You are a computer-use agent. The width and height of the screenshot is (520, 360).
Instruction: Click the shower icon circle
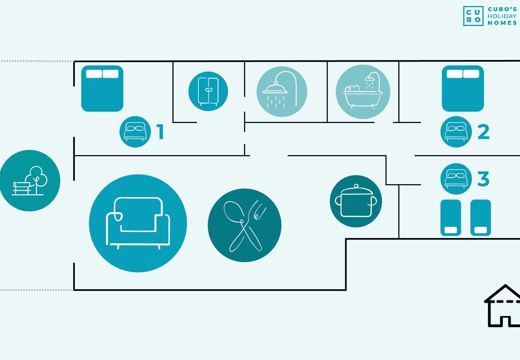(282, 92)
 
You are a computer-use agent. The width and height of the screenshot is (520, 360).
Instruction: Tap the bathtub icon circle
(363, 92)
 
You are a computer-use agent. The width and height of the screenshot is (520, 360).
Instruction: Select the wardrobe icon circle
(208, 91)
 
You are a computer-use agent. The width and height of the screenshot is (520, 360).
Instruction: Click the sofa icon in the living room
(138, 223)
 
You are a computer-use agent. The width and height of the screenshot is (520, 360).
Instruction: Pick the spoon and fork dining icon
(244, 225)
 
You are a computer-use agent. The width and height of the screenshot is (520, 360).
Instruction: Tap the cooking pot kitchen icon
(356, 201)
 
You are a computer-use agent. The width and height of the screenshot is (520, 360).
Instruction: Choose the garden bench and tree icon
(30, 180)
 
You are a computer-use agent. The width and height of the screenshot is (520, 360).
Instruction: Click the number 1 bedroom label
(160, 132)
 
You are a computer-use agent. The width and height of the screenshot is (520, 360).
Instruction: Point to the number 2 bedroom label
(484, 132)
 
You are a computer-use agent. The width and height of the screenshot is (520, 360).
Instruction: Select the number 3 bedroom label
(484, 179)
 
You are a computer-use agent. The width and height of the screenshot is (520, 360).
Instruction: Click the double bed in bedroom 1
(102, 88)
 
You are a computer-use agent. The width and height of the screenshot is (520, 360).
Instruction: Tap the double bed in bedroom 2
(463, 88)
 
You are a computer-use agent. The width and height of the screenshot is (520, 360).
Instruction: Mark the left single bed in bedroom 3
(451, 218)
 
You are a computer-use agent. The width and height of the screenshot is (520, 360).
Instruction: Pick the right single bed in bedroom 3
(480, 218)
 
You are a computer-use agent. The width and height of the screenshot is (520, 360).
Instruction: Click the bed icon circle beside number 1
(135, 132)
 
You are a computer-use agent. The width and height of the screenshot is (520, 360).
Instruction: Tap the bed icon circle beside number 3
(456, 179)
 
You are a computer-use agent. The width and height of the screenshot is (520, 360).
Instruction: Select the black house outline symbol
(502, 306)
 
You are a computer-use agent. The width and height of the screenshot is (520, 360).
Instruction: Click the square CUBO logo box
(473, 16)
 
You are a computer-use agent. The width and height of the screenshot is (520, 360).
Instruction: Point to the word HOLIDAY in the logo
(502, 16)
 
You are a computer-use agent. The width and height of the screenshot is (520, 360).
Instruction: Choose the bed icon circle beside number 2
(456, 132)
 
